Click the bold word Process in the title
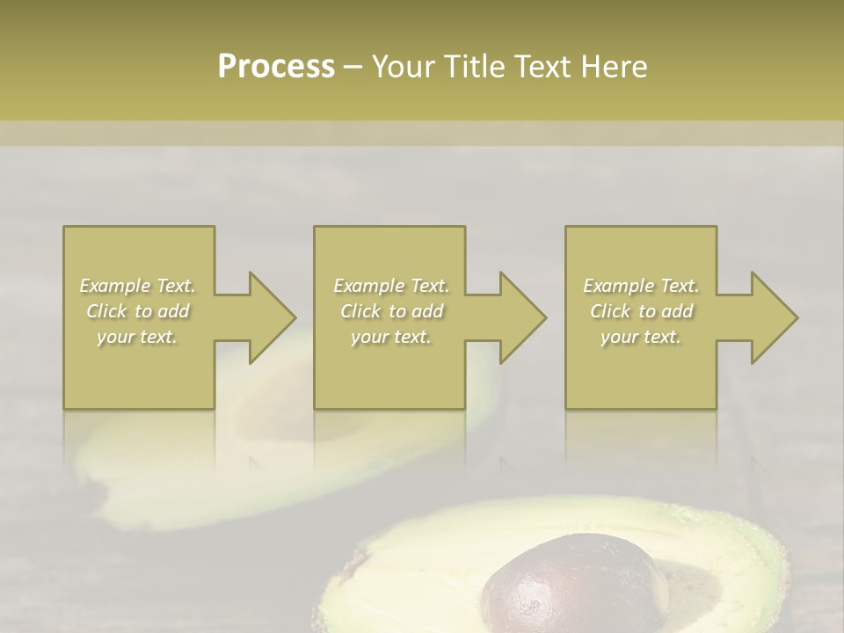[276, 66]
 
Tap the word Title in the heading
[472, 66]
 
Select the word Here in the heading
[615, 66]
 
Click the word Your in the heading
[404, 66]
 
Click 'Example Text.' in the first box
[137, 286]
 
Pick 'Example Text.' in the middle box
[391, 286]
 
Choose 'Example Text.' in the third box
[641, 286]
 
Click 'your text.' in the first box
[137, 337]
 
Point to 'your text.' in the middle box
[391, 337]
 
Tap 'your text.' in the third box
[641, 337]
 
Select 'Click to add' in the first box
[137, 311]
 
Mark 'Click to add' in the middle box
[391, 311]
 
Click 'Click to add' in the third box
[641, 311]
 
